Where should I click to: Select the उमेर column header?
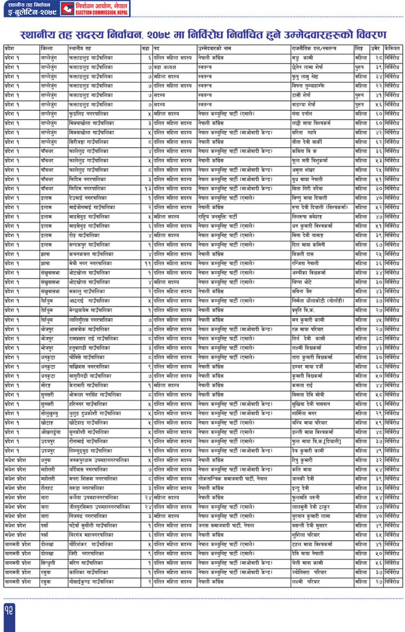(375, 48)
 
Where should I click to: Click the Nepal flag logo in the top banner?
(67, 8)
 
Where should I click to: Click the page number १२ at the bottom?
(10, 609)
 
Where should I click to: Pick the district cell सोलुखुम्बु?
(51, 413)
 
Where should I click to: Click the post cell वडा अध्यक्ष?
(166, 67)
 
